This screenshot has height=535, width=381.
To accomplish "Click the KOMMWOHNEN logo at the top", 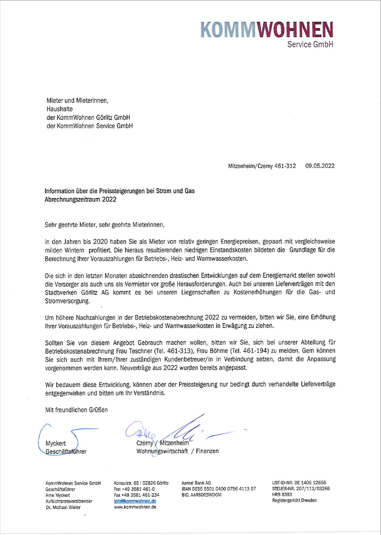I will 267,30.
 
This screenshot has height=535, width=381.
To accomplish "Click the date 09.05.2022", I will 320,166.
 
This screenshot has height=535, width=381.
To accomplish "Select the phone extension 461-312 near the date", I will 285,166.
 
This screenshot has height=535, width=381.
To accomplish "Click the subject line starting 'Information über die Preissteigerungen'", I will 119,191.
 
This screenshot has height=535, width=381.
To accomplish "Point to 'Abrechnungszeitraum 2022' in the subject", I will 80,199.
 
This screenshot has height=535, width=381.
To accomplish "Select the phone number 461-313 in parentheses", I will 182,351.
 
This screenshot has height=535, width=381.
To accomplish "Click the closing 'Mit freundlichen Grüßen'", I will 76,410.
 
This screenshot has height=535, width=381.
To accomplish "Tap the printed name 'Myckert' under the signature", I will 56,443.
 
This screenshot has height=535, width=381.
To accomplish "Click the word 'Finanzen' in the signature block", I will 207,451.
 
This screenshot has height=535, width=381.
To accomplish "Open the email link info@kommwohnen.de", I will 135,501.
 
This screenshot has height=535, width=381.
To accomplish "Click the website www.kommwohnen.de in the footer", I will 135,507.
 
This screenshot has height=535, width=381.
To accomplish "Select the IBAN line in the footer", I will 218,489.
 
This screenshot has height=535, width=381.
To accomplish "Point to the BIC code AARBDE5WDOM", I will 201,495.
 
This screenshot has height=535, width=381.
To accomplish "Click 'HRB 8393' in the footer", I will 282,494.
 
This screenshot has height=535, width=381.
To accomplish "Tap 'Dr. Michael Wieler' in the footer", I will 63,507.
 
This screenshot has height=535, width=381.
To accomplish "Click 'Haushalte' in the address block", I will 60,109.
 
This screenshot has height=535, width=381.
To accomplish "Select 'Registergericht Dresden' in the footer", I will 294,500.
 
